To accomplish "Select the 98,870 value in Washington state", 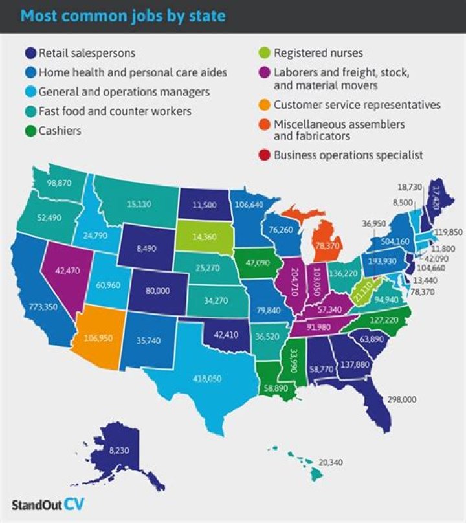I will click(x=62, y=183).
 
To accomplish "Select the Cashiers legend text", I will click(x=61, y=130).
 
